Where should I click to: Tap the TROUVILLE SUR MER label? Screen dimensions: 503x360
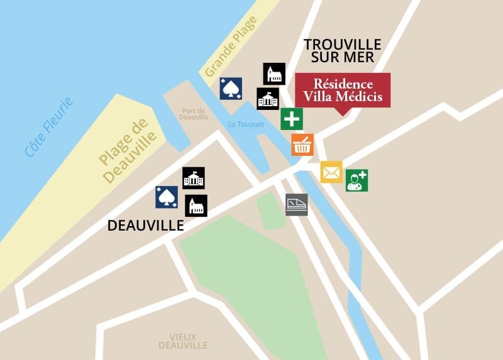point(342,50)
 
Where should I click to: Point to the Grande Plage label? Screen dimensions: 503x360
point(231,46)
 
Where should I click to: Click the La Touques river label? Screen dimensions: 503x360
point(246,124)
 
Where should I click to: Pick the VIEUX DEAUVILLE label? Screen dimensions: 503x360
point(183,341)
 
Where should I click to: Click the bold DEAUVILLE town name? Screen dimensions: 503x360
point(145,225)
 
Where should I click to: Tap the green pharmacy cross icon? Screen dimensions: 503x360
point(292,119)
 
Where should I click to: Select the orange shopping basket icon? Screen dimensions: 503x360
point(302,145)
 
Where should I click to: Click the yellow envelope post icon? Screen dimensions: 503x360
point(331,172)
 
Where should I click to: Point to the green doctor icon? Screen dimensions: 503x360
point(357,180)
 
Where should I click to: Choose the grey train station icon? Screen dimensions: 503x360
point(297,205)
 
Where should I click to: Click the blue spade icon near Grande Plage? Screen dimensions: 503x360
point(231,89)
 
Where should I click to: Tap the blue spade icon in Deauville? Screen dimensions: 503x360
point(167,197)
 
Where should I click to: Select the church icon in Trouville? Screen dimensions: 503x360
point(274,74)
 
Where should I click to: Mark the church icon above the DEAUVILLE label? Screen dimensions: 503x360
point(196,205)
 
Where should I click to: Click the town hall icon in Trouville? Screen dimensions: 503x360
point(268,99)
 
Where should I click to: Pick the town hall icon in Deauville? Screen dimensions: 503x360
point(193,178)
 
